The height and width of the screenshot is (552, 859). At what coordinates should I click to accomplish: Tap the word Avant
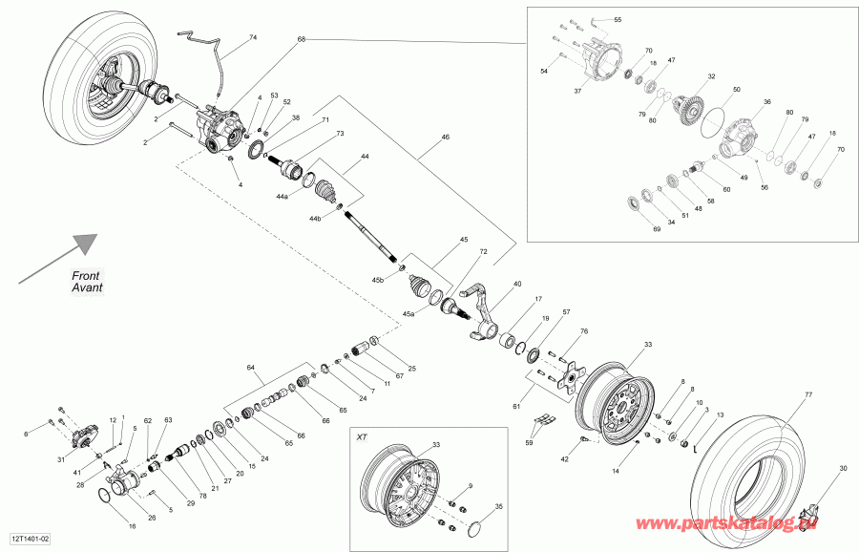(88, 287)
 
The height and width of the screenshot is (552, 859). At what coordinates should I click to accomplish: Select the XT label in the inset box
(362, 436)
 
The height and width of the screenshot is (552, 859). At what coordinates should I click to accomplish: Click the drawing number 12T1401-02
(31, 541)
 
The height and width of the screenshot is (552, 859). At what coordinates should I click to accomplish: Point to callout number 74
(253, 37)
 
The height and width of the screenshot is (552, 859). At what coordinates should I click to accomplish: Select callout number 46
(444, 138)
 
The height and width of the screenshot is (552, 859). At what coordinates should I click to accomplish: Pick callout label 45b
(377, 280)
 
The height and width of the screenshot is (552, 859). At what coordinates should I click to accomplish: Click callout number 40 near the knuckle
(517, 284)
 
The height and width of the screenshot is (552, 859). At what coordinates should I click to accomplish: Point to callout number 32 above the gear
(711, 76)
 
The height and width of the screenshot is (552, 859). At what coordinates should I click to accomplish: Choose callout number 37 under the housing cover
(577, 91)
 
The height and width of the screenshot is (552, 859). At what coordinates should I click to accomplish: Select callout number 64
(252, 367)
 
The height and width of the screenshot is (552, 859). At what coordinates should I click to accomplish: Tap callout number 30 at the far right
(843, 468)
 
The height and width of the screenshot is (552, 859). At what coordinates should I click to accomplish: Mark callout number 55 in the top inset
(617, 20)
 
